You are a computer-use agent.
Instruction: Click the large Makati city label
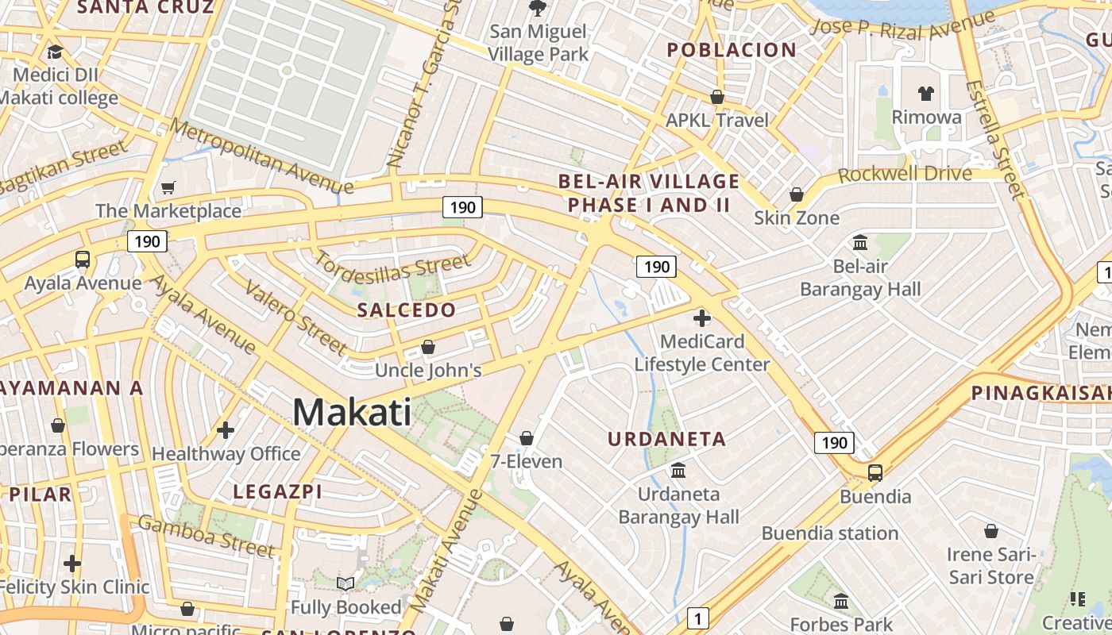(352, 413)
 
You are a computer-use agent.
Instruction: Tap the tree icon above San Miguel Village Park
(538, 8)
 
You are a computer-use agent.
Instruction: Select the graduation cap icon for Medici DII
(55, 52)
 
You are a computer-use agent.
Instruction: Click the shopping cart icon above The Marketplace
(168, 188)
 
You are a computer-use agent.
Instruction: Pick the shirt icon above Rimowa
(926, 94)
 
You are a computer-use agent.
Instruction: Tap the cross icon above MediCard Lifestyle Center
(702, 318)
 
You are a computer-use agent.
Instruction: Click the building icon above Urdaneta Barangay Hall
(678, 471)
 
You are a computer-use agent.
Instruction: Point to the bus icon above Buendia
(875, 473)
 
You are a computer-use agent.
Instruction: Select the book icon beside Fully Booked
(346, 584)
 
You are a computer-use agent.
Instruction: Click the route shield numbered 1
(697, 618)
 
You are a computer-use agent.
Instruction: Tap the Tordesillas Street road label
(393, 268)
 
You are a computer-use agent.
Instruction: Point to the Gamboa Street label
(207, 536)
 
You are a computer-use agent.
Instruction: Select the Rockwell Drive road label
(905, 174)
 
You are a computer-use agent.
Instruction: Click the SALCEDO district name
(407, 310)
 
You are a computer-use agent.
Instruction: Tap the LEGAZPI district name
(278, 492)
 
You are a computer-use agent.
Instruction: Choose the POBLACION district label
(732, 50)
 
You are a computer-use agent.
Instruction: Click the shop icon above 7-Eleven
(526, 438)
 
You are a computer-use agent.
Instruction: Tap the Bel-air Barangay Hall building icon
(860, 242)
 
